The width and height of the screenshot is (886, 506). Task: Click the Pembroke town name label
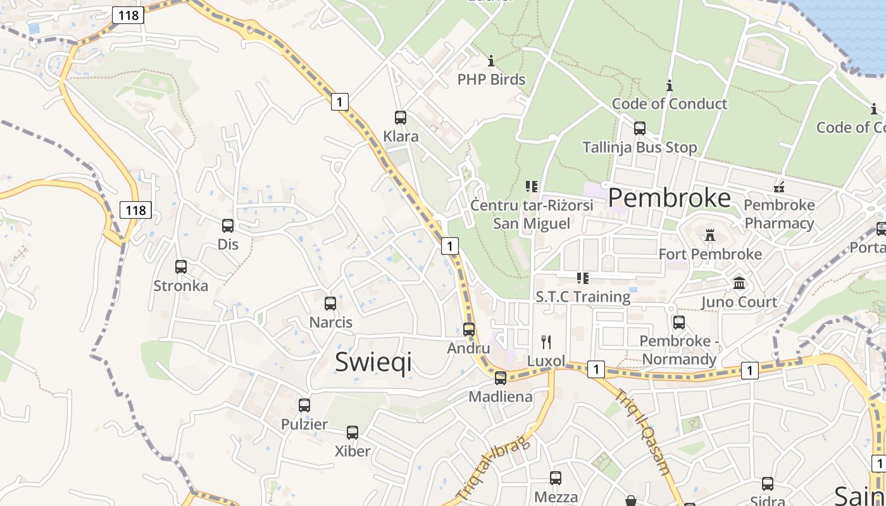(670, 198)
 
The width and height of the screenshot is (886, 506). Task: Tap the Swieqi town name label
(373, 362)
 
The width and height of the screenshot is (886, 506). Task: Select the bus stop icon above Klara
(401, 118)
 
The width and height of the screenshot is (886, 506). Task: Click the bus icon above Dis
(228, 226)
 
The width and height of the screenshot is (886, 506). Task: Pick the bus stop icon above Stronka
(181, 267)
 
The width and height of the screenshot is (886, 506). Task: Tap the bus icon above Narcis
(330, 304)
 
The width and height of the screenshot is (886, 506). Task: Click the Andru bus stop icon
(469, 330)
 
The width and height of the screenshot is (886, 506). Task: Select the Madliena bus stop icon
(501, 378)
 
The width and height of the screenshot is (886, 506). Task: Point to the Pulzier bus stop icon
(304, 405)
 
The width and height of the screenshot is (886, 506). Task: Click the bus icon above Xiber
(353, 433)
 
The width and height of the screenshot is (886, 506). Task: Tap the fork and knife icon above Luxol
(546, 342)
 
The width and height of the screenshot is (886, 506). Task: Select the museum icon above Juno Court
(739, 283)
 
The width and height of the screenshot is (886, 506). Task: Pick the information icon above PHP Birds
(491, 61)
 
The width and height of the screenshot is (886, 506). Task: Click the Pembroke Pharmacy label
(779, 214)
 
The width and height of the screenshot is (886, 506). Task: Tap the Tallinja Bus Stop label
(640, 147)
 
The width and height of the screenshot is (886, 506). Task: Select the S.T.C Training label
(583, 297)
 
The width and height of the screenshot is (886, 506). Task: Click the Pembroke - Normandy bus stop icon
(679, 323)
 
